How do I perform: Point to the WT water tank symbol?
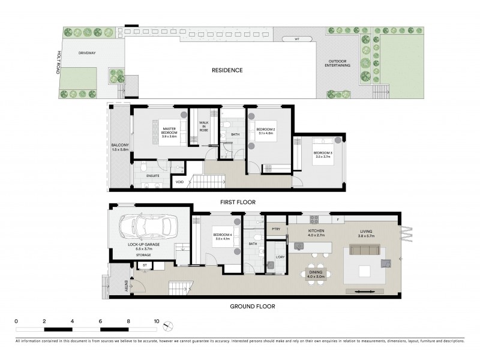pyautogui.click(x=296, y=40)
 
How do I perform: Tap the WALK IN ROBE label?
pyautogui.click(x=204, y=127)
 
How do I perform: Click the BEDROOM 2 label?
pyautogui.click(x=265, y=131)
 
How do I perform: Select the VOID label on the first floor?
pyautogui.click(x=179, y=181)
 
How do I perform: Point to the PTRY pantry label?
pyautogui.click(x=276, y=229)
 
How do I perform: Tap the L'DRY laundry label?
pyautogui.click(x=280, y=256)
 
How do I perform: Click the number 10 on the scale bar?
pyautogui.click(x=157, y=321)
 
